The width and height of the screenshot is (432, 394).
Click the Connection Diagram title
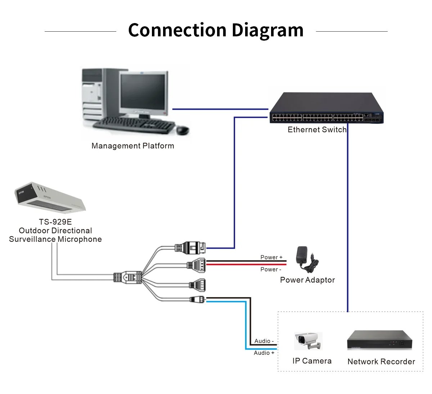tap(216, 30)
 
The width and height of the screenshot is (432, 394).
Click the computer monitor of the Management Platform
tap(144, 92)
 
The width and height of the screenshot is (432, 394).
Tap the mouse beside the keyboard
tap(183, 130)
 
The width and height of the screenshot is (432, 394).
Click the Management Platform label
tap(132, 146)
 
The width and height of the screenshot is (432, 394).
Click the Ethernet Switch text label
tap(317, 130)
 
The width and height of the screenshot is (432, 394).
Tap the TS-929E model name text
tap(55, 222)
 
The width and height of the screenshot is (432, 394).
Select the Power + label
tap(271, 257)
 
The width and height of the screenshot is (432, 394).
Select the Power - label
tap(271, 270)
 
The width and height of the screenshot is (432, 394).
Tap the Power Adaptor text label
tap(307, 280)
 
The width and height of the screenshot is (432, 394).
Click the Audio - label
tap(264, 341)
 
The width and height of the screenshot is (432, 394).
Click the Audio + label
tap(264, 353)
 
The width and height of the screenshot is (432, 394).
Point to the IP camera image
tap(308, 341)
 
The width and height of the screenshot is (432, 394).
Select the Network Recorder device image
tap(379, 340)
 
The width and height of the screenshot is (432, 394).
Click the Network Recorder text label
tap(381, 362)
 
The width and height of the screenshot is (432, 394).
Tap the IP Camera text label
tap(312, 361)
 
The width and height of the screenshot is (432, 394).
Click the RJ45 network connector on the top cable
tap(191, 247)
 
